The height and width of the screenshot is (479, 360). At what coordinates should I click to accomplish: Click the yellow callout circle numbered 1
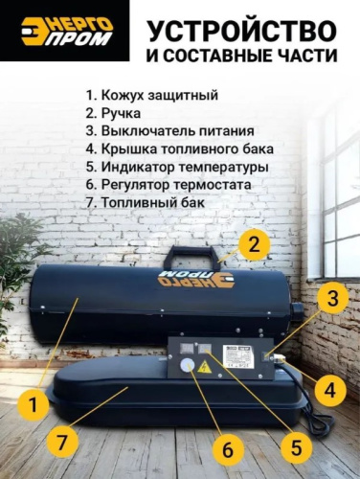(x=34, y=405)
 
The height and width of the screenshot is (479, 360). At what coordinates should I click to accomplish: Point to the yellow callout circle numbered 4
(x=330, y=390)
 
